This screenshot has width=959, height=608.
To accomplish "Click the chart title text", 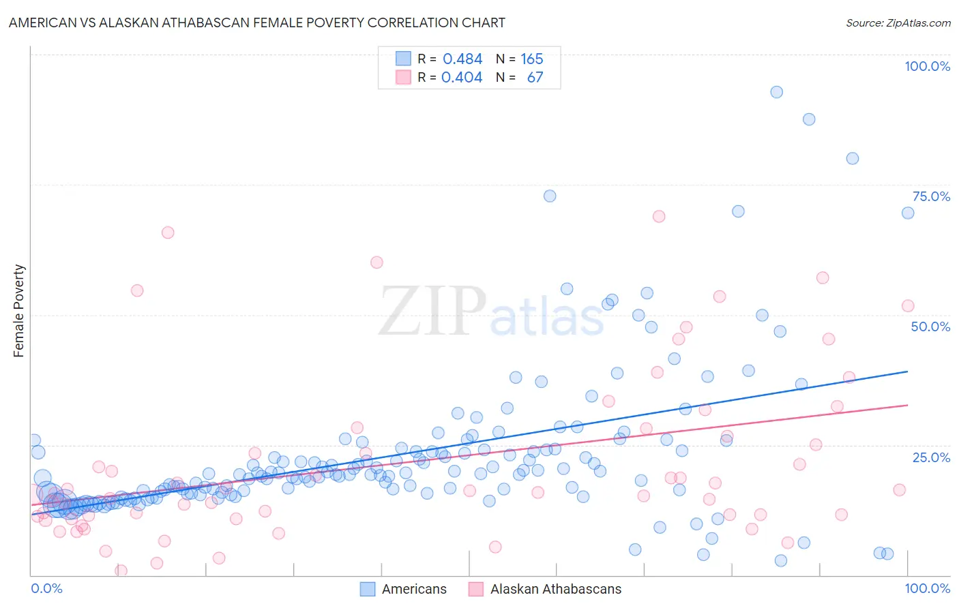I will click(257, 22).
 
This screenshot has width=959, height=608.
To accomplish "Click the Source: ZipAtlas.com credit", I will click(898, 22).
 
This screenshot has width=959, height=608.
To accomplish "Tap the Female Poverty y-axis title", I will click(18, 311).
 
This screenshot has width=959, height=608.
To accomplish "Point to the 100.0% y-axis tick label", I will click(927, 66).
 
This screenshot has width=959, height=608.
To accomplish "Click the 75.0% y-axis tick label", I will click(931, 196).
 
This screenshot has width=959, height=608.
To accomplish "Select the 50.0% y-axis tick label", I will click(930, 326).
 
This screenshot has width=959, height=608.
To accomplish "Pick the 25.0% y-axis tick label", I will click(931, 457).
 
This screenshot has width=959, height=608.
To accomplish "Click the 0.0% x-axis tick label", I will click(46, 588).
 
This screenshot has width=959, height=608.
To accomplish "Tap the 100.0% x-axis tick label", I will click(927, 588).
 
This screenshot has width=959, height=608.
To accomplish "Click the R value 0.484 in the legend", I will click(462, 59).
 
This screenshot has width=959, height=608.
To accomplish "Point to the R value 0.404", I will click(462, 78).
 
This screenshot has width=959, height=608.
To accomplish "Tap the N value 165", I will click(532, 59).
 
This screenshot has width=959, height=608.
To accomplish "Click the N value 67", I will click(535, 78).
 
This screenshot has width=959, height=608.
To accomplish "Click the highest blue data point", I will click(776, 92).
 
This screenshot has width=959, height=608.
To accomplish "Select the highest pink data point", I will click(659, 216).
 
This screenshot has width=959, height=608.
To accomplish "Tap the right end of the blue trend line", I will click(907, 371).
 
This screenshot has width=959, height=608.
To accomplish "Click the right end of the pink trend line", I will click(907, 405).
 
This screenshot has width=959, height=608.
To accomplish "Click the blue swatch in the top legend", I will click(404, 59).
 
